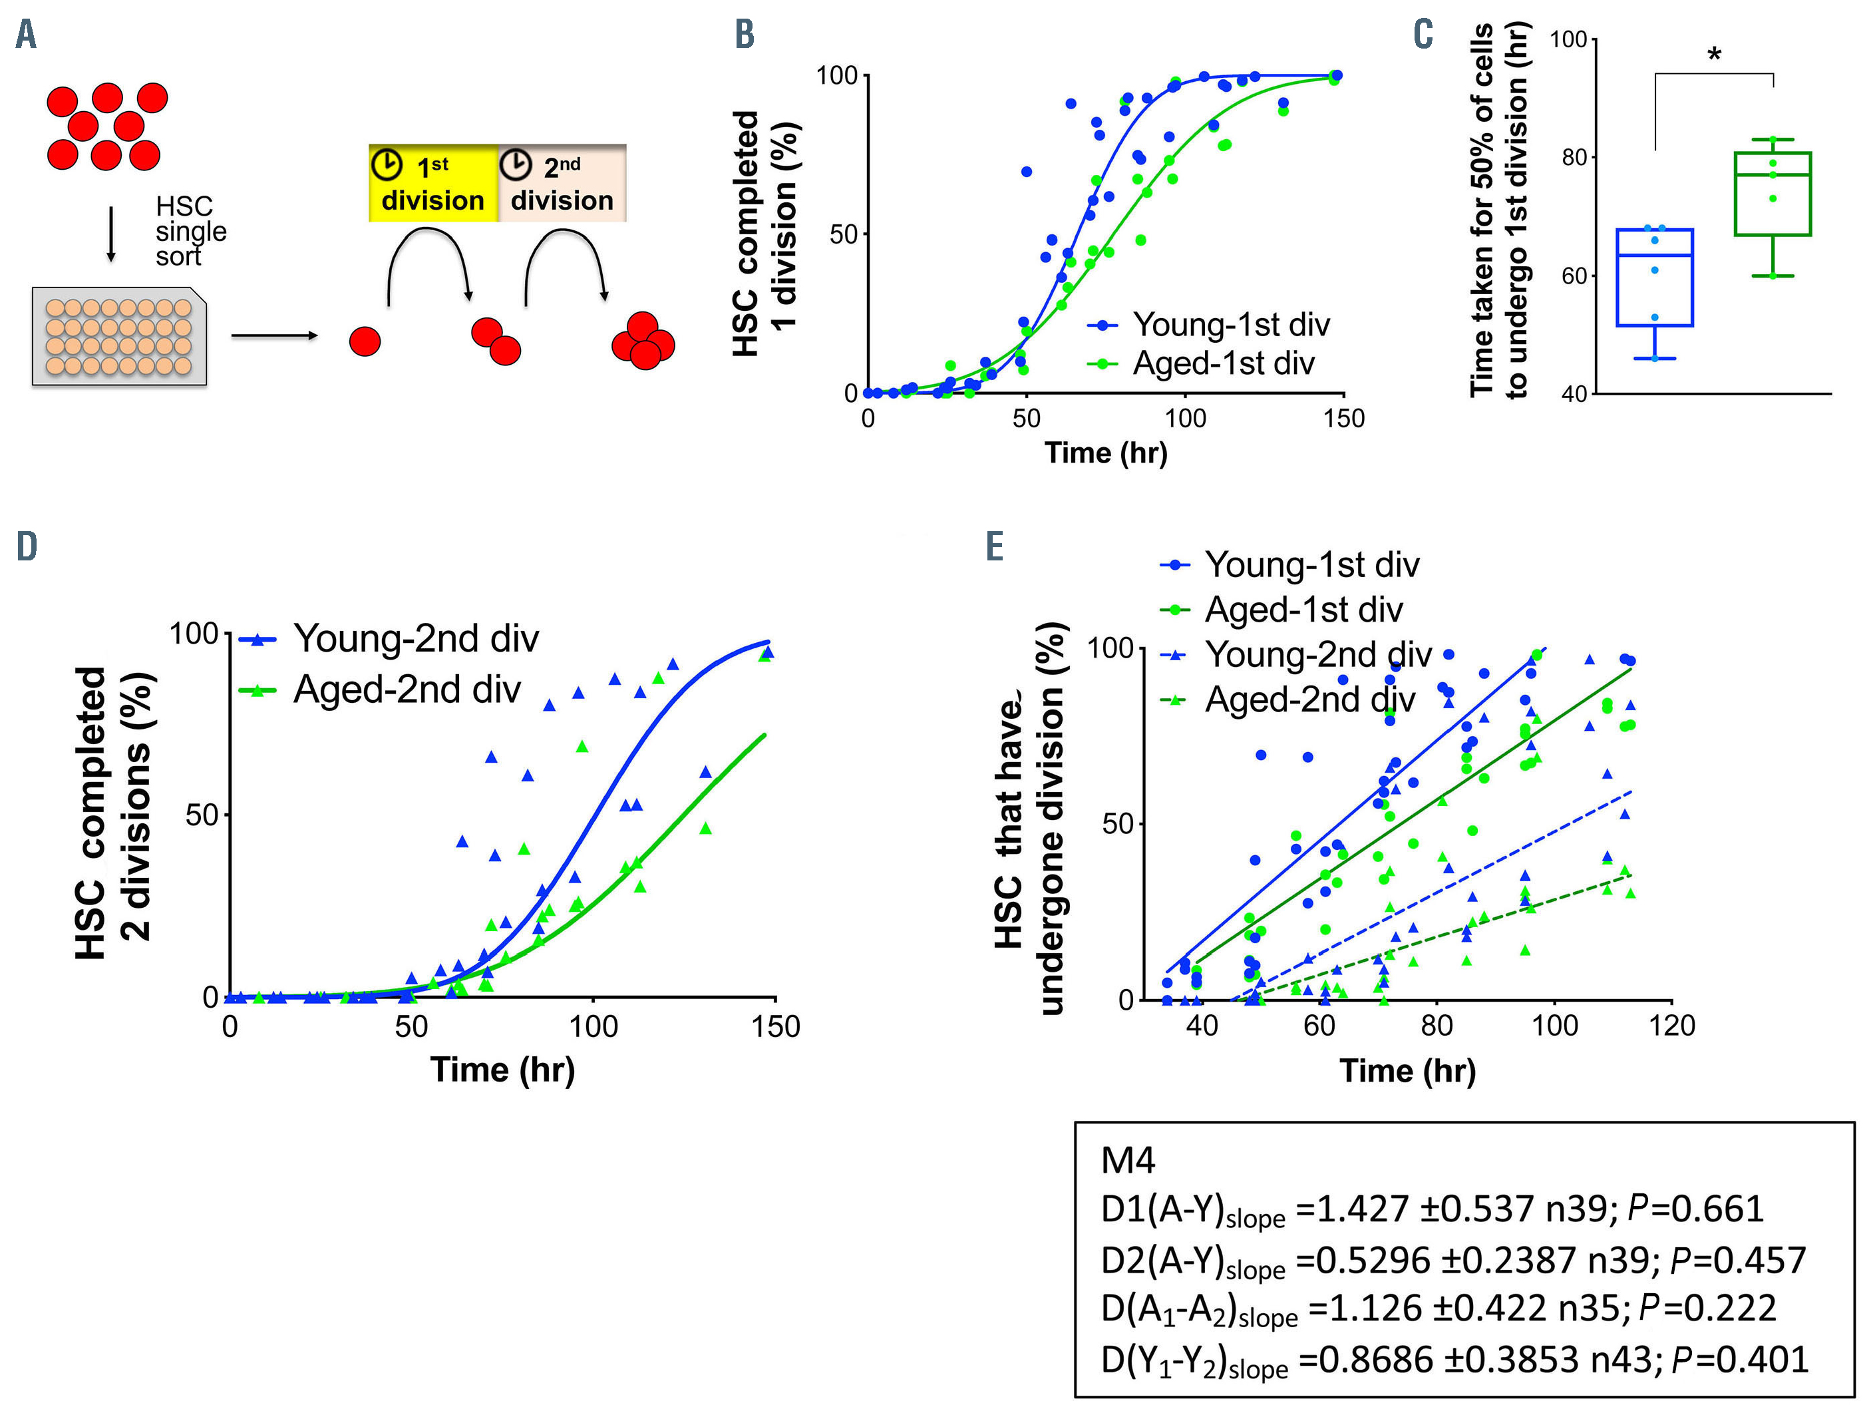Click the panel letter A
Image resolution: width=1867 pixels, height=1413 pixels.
[x=26, y=35]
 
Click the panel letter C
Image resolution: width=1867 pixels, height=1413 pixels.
[x=1423, y=35]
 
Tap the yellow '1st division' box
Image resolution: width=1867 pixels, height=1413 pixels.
[x=433, y=183]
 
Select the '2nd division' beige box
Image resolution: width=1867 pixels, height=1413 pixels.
[x=562, y=183]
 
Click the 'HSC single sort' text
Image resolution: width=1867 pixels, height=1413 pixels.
[x=190, y=231]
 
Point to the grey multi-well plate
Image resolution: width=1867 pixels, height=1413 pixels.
[x=119, y=337]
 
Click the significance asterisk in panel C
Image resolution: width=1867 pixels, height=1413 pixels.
[x=1714, y=57]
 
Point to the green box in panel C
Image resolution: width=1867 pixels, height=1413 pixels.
[x=1773, y=193]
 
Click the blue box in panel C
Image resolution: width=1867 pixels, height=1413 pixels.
[x=1654, y=277]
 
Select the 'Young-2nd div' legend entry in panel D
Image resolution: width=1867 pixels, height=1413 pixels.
[x=415, y=639]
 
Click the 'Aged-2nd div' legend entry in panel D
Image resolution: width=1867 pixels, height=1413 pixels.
[x=406, y=690]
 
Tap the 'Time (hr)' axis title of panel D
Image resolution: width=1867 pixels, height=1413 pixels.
[x=503, y=1070]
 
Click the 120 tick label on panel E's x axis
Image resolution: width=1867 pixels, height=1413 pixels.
[x=1672, y=1026]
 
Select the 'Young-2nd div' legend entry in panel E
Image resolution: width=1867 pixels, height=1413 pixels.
[x=1317, y=654]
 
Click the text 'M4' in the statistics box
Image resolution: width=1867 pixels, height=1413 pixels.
[x=1128, y=1161]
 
